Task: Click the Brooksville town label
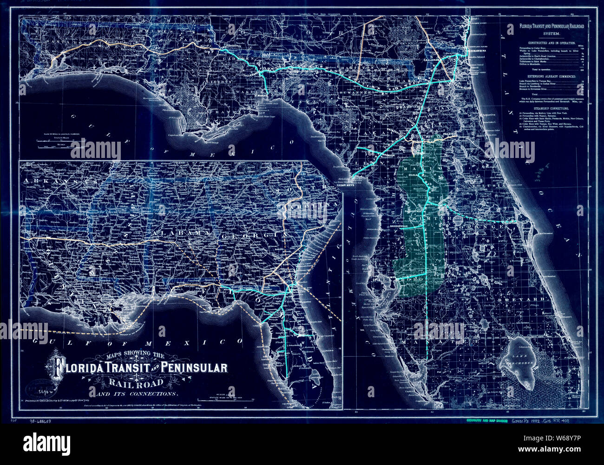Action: click(x=402, y=227)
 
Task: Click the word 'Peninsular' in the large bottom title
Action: click(x=195, y=368)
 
